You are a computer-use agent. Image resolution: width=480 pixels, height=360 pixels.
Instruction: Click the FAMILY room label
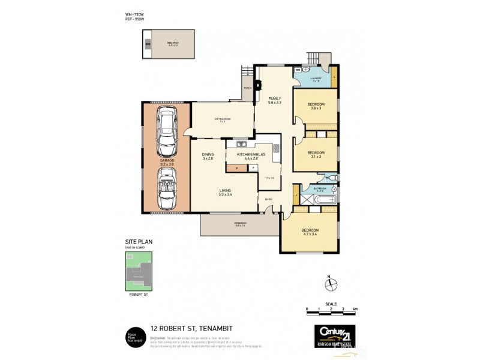pos(275,101)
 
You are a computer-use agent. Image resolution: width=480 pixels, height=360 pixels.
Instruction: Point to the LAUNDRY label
pos(316,79)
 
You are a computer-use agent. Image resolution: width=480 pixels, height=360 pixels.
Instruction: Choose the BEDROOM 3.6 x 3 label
pos(316,106)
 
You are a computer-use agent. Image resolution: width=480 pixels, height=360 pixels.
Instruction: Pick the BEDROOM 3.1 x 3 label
pos(316,154)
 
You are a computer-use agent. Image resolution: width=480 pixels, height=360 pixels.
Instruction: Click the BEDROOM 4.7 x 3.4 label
pos(310,232)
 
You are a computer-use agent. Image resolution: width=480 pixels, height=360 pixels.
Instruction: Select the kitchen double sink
pos(242,144)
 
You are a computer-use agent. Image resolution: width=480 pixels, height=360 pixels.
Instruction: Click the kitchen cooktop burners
pos(276,149)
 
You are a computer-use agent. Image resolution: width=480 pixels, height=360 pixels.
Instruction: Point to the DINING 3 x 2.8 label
pos(208,156)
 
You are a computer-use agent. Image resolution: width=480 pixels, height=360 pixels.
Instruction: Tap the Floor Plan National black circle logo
pos(133,334)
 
